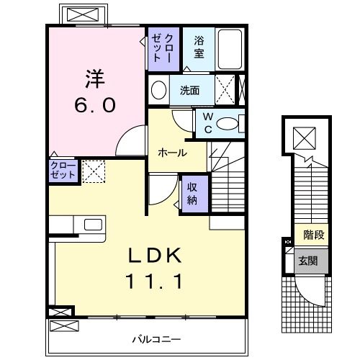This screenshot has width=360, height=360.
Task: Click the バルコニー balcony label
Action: [x=156, y=338]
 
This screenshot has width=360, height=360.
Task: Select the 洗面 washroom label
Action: [x=189, y=91]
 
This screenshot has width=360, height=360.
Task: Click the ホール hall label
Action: [x=172, y=153]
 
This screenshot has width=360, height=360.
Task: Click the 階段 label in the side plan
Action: [x=313, y=234]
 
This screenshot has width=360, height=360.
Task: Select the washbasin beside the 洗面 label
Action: [x=158, y=91]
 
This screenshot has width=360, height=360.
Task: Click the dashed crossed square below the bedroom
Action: [x=92, y=171]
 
